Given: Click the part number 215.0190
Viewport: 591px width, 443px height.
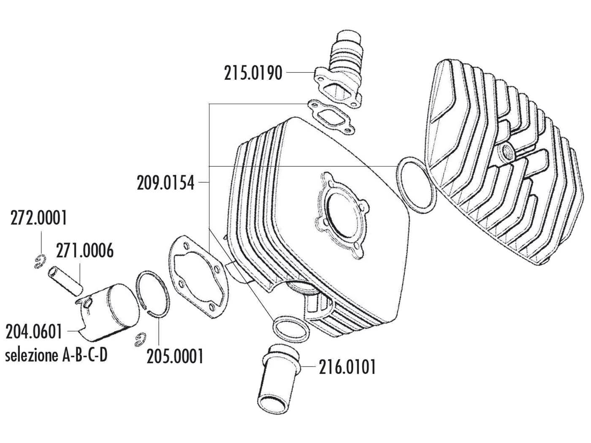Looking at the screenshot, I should (x=253, y=73).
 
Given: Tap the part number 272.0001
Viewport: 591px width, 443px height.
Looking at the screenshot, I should (x=39, y=219).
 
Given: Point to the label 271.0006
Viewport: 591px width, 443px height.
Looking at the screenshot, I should (x=84, y=251).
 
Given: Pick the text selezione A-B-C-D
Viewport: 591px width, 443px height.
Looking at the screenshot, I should (x=56, y=355).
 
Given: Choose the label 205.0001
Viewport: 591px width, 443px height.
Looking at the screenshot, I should (x=175, y=357).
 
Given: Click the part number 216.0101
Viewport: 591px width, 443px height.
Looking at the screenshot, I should (x=347, y=367).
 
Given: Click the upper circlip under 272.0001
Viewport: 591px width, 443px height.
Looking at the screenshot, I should (x=39, y=261).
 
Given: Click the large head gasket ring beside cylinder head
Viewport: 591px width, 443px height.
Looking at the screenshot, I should (x=416, y=186).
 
